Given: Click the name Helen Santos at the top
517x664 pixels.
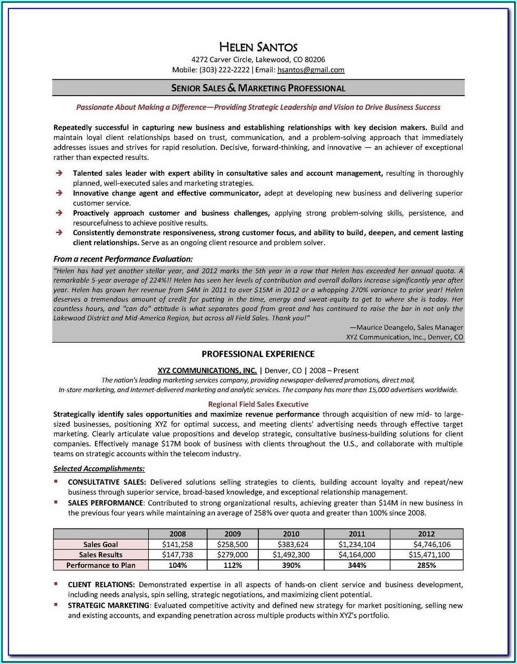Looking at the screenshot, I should click(x=258, y=47).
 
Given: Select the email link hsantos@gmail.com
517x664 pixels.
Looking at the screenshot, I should click(x=310, y=70).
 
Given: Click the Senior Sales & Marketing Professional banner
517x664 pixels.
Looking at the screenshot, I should click(x=258, y=88).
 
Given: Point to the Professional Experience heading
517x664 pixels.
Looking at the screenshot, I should click(x=258, y=354).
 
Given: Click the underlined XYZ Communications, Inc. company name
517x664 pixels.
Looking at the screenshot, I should click(x=207, y=371).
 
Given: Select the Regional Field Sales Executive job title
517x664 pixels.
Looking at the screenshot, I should click(x=258, y=404).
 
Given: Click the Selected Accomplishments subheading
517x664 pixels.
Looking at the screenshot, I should click(x=99, y=469).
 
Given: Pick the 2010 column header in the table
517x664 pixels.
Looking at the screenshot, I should click(x=291, y=534).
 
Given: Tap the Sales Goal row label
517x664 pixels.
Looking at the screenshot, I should click(x=101, y=544).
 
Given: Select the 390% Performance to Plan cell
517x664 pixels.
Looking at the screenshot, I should click(x=291, y=565).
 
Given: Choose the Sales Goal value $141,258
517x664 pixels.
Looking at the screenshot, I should click(x=178, y=544).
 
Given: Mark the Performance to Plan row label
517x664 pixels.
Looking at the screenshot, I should click(x=101, y=565).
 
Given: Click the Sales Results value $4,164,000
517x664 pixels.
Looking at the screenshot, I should click(x=357, y=555).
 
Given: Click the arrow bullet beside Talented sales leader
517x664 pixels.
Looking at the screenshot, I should click(x=59, y=173).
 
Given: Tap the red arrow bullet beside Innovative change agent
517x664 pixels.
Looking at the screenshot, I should click(x=59, y=193).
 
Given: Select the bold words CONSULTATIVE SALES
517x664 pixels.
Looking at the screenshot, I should click(x=106, y=482).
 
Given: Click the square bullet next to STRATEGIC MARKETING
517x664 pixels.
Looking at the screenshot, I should click(x=56, y=605).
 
